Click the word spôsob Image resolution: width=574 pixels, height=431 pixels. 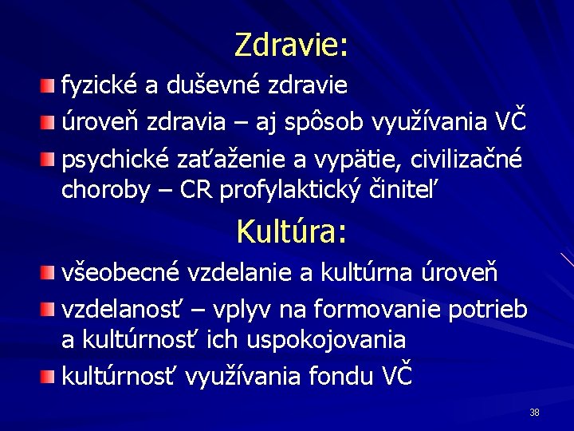pyautogui.click(x=332, y=123)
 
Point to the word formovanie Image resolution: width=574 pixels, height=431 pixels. pyautogui.click(x=373, y=310)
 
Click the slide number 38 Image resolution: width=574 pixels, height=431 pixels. pyautogui.click(x=534, y=413)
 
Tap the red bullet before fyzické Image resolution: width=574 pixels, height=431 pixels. pyautogui.click(x=49, y=85)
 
